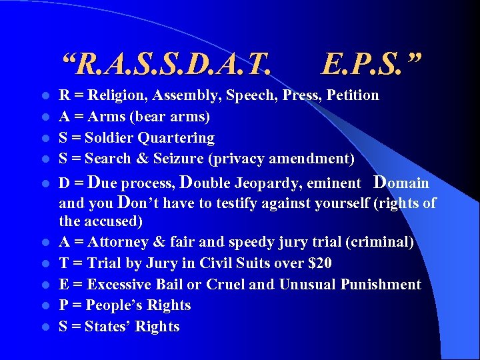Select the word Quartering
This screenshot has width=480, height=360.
[180, 138]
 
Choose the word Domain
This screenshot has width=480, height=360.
[401, 183]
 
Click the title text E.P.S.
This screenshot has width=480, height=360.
[371, 65]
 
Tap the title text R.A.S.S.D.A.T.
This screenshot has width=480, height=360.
[167, 65]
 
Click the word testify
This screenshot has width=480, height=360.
[219, 203]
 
